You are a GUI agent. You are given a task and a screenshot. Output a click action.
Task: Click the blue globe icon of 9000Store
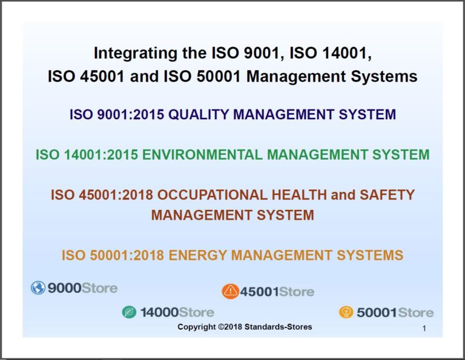pos(38,288)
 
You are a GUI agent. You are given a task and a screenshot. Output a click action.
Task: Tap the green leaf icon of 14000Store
pos(129,312)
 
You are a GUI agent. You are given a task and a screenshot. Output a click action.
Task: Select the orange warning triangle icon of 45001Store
pos(230,292)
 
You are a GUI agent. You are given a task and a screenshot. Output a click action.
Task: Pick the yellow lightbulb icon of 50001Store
pos(346,312)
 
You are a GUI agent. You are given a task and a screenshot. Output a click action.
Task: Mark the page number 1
pos(424,329)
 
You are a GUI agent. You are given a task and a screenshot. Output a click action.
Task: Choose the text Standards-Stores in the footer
pos(282,327)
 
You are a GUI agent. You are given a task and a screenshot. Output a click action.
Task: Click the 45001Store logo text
pos(277,292)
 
